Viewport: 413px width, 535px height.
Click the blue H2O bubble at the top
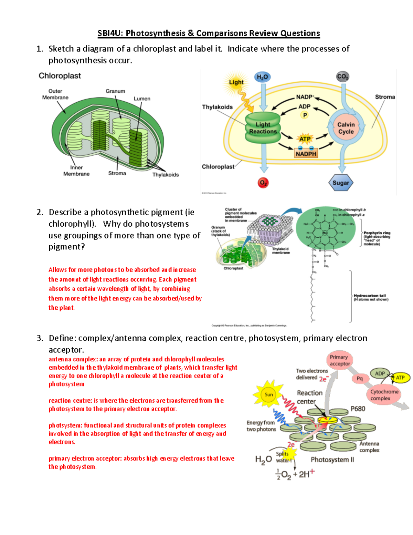coord(262,77)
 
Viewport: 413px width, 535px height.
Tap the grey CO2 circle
coord(342,76)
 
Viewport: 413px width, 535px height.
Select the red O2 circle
coord(263,183)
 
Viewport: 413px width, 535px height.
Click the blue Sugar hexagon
coord(341,183)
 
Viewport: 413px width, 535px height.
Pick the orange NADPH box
coord(306,154)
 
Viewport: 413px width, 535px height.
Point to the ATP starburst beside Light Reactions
coord(305,139)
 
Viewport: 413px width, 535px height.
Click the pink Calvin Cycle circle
coord(346,128)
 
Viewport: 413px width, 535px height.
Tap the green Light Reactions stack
coord(263,128)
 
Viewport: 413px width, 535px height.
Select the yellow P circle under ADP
coord(305,115)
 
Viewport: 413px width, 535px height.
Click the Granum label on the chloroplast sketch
coord(115,91)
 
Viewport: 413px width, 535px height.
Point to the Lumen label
coord(142,99)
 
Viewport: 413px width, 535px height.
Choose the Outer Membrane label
coord(55,94)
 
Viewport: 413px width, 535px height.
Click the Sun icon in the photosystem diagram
coord(268,394)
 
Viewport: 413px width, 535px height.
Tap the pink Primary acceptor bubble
coord(339,360)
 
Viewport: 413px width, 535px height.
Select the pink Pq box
coord(360,379)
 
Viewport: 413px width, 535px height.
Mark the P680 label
coord(358,409)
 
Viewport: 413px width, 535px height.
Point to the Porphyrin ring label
coord(377,233)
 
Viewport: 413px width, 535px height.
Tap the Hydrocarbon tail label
coord(370,296)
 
